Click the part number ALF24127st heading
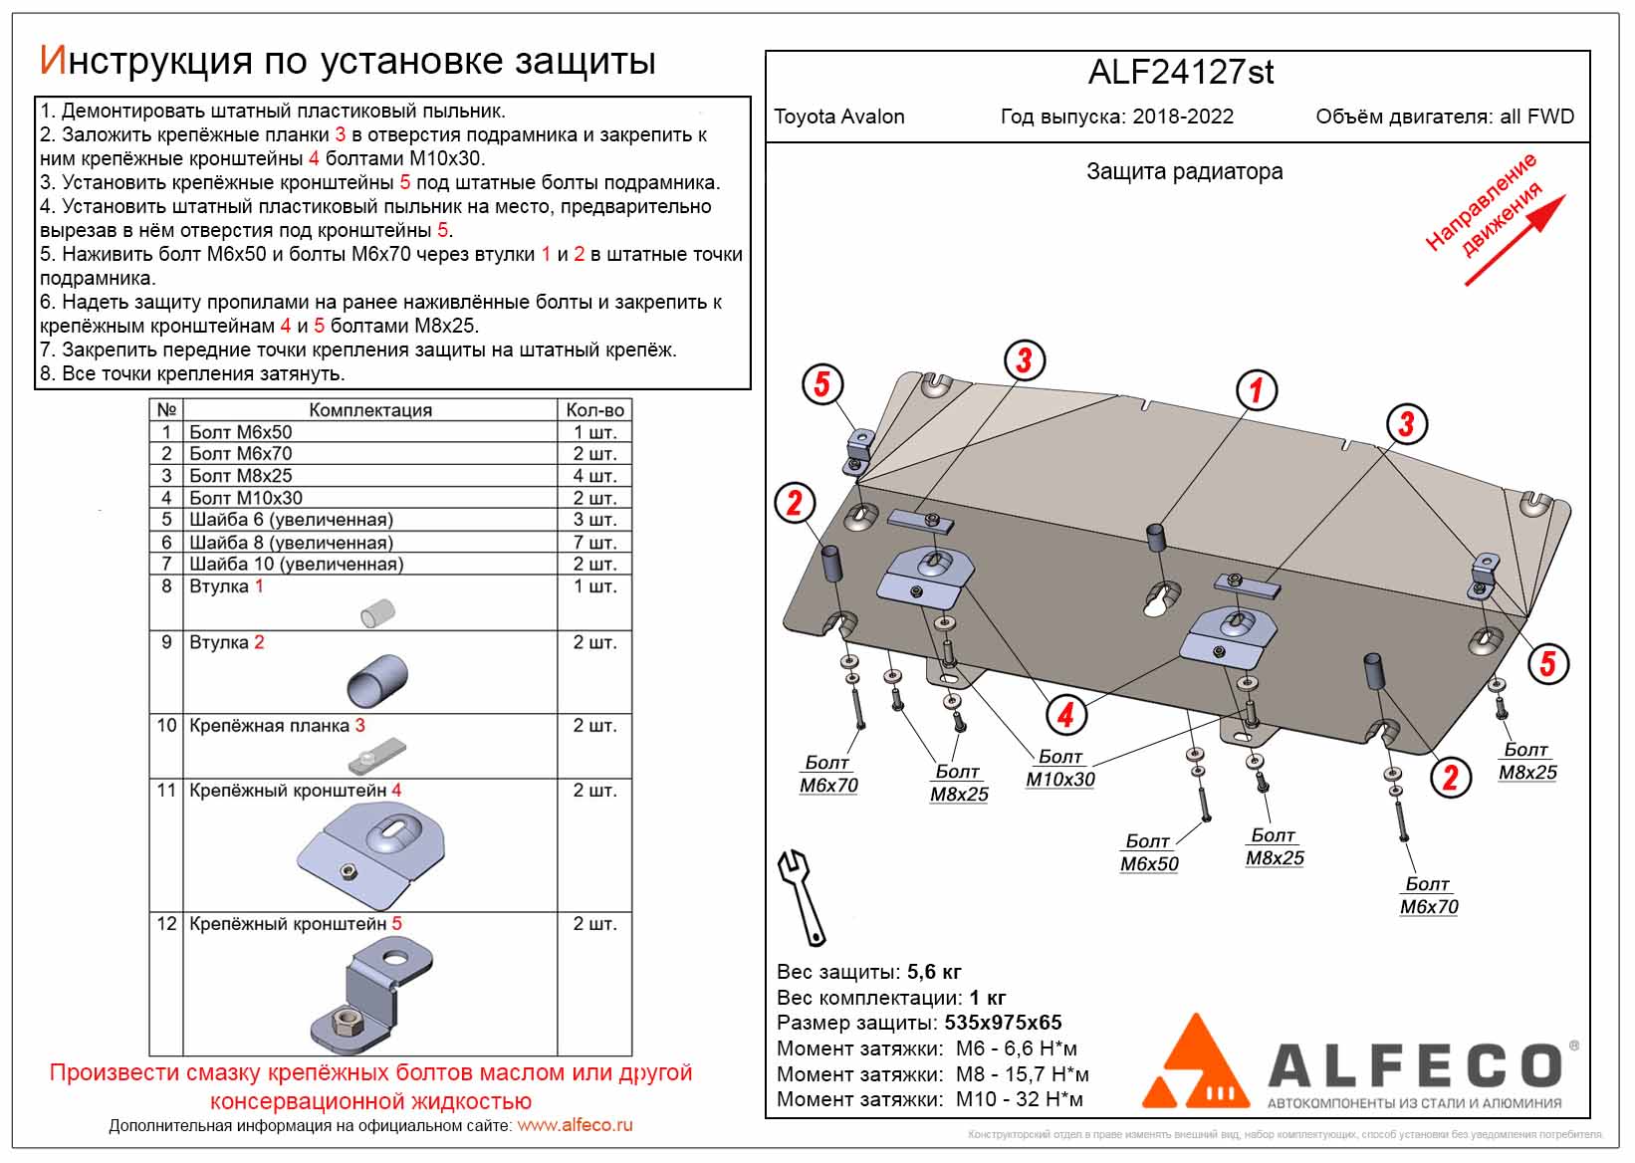(1180, 73)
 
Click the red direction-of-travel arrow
(1515, 241)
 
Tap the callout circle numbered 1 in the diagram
(1256, 390)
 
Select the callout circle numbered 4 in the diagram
(1065, 714)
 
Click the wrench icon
(802, 897)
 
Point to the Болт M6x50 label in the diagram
(1149, 853)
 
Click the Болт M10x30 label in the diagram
(1059, 769)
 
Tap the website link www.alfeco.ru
(575, 1125)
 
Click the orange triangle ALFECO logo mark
(1195, 1063)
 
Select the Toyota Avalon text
(839, 116)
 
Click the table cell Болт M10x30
(246, 498)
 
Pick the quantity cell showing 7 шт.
(594, 543)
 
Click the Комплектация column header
(370, 410)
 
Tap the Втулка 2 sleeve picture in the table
(377, 680)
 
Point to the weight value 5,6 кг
(934, 972)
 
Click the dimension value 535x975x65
(1002, 1023)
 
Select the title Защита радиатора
(1184, 171)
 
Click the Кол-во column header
(594, 410)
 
